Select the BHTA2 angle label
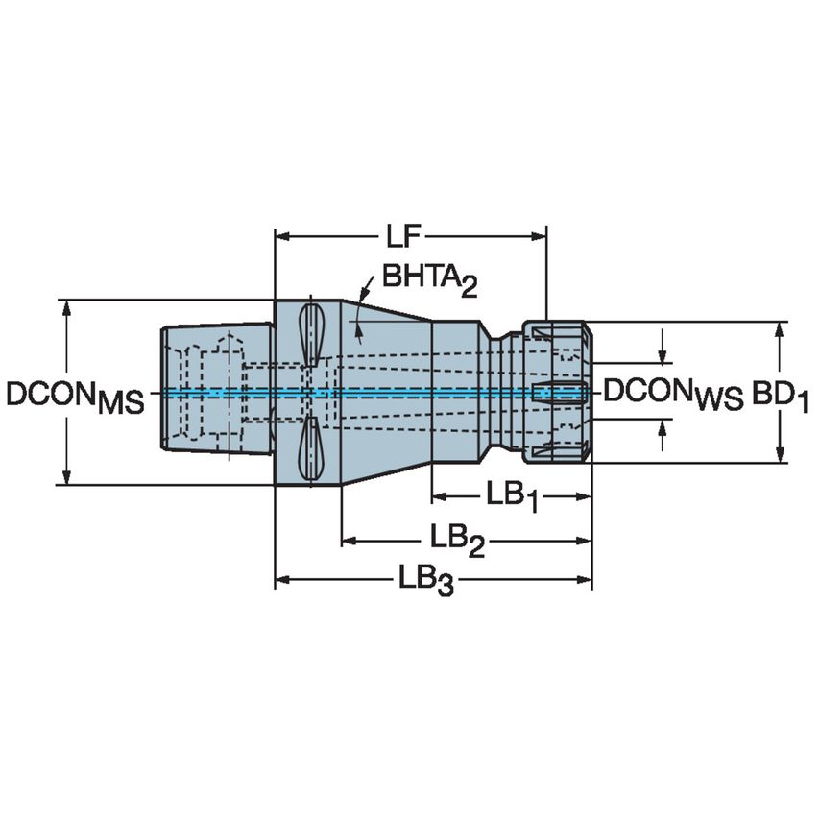tap(429, 279)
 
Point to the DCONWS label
tap(672, 392)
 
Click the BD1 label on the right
tap(780, 394)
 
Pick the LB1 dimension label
tap(511, 497)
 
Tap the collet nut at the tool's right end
tap(559, 392)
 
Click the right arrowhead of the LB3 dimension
tap(585, 579)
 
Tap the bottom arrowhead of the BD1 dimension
tap(780, 457)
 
